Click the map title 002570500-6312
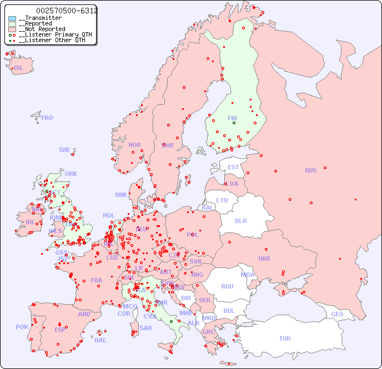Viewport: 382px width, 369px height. [67, 11]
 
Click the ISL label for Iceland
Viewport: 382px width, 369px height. [19, 68]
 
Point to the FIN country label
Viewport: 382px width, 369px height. [232, 118]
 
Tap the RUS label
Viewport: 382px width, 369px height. [310, 170]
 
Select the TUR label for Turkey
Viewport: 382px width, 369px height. [285, 338]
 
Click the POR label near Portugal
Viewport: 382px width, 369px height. [22, 327]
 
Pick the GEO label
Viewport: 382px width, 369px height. [337, 314]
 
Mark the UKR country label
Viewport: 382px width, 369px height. [264, 259]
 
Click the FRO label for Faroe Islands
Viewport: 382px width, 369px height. [47, 118]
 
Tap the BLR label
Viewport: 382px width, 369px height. [240, 220]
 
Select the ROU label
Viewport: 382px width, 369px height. [227, 286]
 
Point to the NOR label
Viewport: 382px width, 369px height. [134, 145]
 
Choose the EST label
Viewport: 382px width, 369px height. [233, 167]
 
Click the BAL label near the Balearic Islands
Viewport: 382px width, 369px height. [100, 340]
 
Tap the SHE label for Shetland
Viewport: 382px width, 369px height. [65, 150]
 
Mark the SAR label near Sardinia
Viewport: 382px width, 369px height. [145, 328]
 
